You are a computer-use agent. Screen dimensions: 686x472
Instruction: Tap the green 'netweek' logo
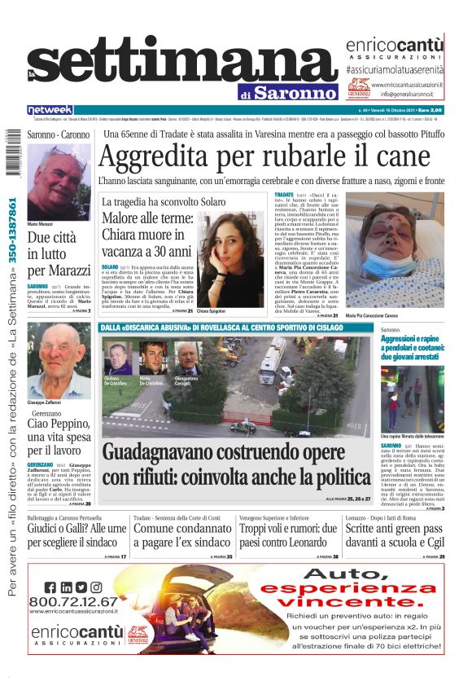[50, 109]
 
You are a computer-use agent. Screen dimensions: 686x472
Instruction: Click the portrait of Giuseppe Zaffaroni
[59, 360]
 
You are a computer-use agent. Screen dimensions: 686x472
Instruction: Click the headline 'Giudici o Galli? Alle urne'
[76, 534]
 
